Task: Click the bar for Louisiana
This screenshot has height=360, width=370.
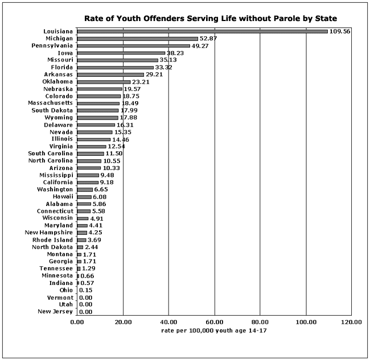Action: pyautogui.click(x=202, y=31)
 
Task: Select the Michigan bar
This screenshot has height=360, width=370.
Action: pyautogui.click(x=137, y=39)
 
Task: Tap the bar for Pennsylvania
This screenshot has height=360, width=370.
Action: pyautogui.click(x=133, y=45)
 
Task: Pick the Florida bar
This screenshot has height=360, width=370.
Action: pyautogui.click(x=115, y=67)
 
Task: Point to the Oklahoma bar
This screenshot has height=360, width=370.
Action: pyautogui.click(x=104, y=82)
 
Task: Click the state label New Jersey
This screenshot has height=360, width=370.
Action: pyautogui.click(x=55, y=312)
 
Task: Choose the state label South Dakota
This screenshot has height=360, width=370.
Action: pyautogui.click(x=52, y=110)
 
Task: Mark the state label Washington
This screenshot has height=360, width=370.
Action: pyautogui.click(x=55, y=189)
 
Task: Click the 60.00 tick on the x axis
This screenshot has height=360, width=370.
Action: pyautogui.click(x=214, y=322)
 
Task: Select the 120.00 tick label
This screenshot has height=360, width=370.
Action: pyautogui.click(x=351, y=322)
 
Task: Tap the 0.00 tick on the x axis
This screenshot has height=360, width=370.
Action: pyautogui.click(x=77, y=322)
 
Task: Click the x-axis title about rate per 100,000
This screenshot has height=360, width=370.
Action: pyautogui.click(x=214, y=330)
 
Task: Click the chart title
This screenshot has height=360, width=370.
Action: pyautogui.click(x=211, y=18)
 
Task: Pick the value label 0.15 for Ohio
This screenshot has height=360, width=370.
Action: pyautogui.click(x=86, y=290)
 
